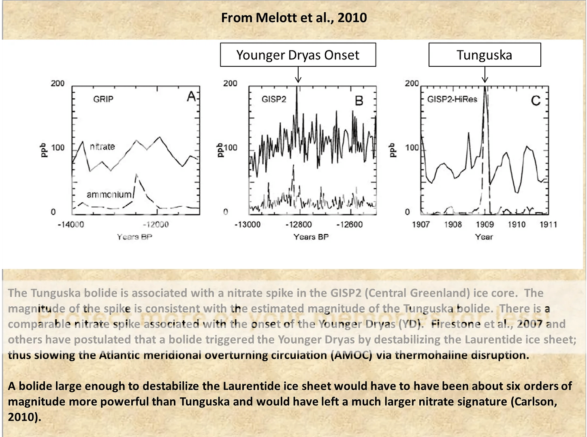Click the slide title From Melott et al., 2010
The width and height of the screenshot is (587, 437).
(294, 18)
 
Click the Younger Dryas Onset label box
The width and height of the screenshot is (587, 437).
(298, 55)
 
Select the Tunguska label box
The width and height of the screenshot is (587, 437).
(485, 55)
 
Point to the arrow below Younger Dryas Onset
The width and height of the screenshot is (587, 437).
(298, 75)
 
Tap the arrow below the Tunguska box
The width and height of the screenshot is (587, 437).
(485, 75)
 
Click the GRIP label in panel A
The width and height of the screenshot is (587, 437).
(103, 99)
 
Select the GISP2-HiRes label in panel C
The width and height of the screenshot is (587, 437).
(452, 99)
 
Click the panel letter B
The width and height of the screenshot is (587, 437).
(359, 100)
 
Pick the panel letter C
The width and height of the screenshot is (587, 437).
(536, 100)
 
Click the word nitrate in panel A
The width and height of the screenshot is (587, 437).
(102, 146)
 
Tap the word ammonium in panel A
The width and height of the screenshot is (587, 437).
(109, 195)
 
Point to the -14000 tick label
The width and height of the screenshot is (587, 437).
(70, 225)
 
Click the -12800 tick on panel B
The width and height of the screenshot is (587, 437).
(299, 225)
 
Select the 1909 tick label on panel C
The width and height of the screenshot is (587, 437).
(485, 225)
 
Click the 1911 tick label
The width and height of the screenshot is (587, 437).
(548, 225)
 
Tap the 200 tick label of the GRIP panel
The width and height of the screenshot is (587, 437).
(58, 83)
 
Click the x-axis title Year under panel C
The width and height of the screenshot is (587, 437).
(484, 237)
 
